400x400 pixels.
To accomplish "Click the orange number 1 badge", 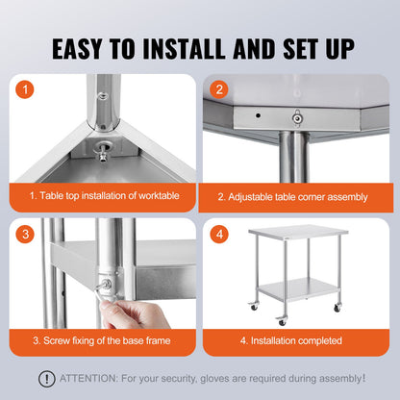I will tap(25, 91).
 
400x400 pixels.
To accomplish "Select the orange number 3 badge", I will tap(25, 234).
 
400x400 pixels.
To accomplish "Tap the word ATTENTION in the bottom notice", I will tap(88, 379).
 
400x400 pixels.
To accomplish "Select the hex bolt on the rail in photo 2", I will tap(297, 119).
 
